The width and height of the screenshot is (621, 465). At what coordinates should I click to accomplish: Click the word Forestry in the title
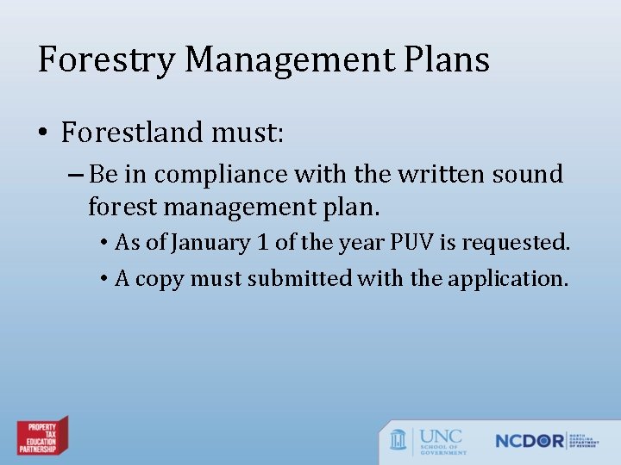pyautogui.click(x=106, y=60)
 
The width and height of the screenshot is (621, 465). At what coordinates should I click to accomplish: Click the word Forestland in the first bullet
pyautogui.click(x=130, y=133)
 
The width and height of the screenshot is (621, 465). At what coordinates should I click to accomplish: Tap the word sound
pyautogui.click(x=527, y=174)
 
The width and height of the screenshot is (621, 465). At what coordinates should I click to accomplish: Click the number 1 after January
pyautogui.click(x=263, y=243)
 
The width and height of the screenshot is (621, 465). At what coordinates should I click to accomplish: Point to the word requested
pyautogui.click(x=516, y=244)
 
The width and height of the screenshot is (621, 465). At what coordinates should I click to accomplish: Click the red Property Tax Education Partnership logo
pyautogui.click(x=42, y=437)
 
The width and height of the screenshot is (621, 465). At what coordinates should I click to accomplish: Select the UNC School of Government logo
pyautogui.click(x=428, y=440)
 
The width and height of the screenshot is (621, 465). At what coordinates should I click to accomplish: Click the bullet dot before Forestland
pyautogui.click(x=43, y=133)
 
